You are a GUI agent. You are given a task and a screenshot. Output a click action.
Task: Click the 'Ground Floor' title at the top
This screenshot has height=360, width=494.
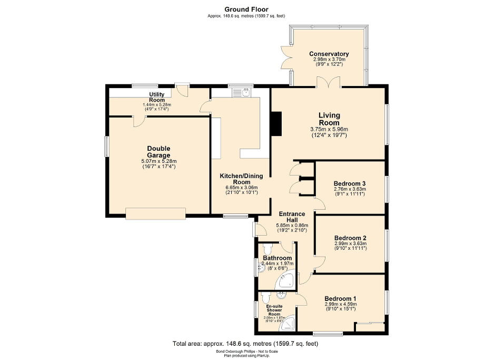tap(246, 9)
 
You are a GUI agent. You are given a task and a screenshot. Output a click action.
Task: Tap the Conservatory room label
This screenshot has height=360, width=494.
tap(329, 54)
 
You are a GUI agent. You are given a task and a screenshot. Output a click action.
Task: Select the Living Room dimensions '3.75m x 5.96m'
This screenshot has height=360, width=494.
tap(329, 129)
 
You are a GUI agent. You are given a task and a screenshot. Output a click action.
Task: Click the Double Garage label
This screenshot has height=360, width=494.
tap(159, 152)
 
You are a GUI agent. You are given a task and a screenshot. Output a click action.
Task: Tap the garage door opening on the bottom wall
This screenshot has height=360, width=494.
tap(155, 212)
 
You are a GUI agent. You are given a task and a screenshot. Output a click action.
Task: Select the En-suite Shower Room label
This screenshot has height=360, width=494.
tap(274, 310)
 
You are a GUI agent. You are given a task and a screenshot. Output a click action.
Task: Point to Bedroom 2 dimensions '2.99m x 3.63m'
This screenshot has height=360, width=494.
tap(350, 244)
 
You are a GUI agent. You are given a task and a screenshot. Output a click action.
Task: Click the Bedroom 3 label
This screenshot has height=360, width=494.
tap(350, 183)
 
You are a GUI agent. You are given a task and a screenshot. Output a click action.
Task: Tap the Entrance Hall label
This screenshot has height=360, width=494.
tap(291, 217)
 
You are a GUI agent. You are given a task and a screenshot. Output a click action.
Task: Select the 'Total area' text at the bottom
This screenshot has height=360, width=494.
tap(245, 344)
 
